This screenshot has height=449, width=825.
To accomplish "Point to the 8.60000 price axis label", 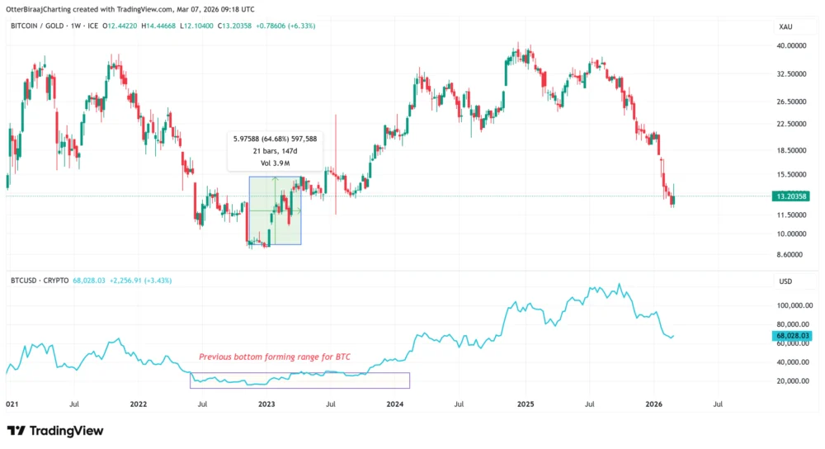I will [x=792, y=255].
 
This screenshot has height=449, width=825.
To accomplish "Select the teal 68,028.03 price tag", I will [x=793, y=336].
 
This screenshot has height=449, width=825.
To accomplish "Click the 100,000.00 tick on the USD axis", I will [x=795, y=305].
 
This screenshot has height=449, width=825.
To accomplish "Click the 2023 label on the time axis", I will [x=266, y=404].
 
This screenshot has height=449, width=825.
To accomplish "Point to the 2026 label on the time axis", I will [x=654, y=404].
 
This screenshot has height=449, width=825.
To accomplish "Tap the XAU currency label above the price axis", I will [x=786, y=27].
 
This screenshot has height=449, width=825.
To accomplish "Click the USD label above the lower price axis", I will [x=785, y=281].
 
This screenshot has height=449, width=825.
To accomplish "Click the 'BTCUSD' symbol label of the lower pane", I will [x=25, y=281].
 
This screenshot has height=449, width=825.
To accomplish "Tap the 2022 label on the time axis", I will [x=138, y=404].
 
